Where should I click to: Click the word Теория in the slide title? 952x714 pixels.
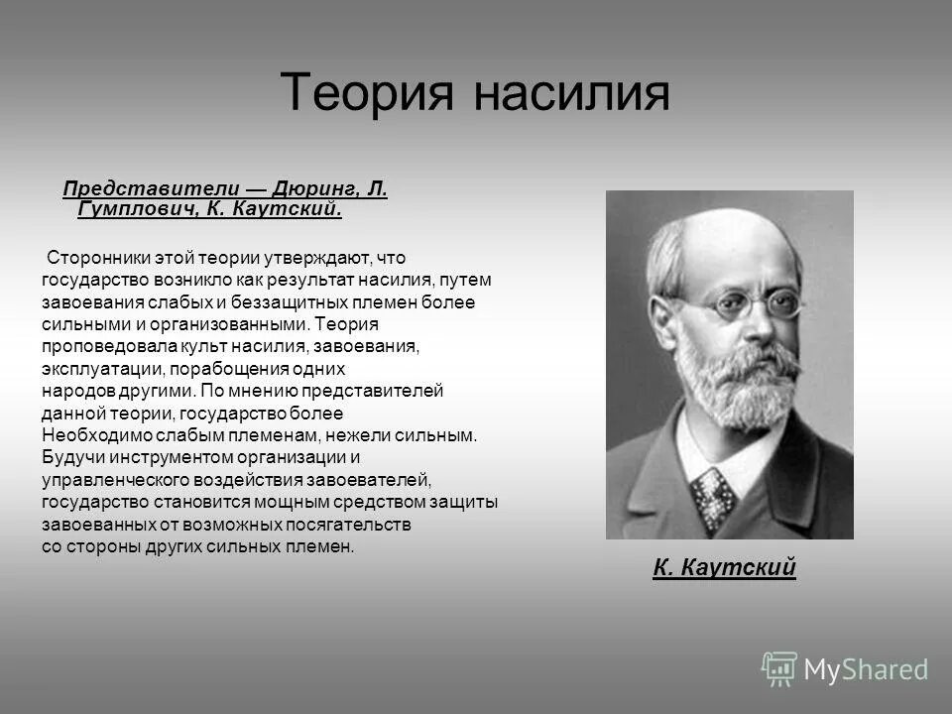pos(367,92)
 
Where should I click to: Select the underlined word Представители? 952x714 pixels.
pos(151,188)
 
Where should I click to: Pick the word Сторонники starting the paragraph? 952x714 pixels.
pos(94,258)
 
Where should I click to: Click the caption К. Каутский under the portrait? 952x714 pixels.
pos(724,567)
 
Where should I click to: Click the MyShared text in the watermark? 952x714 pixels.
pos(866,669)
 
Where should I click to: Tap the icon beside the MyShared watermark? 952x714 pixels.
pos(779,668)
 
